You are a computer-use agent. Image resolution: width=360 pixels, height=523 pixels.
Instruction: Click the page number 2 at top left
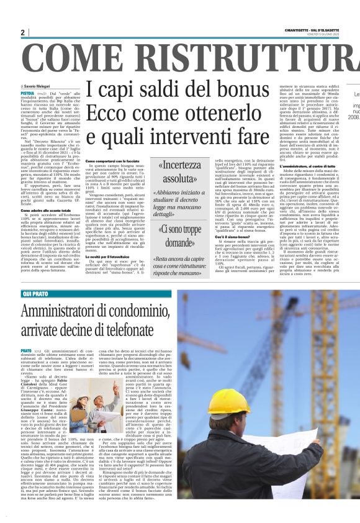click(x=22, y=32)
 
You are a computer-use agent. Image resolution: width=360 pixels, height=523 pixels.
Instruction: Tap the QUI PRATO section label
click(x=37, y=292)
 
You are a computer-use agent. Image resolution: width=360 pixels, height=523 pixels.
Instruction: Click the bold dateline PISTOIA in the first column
click(x=29, y=92)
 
